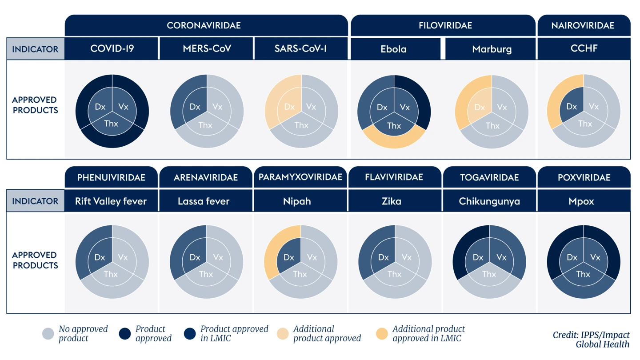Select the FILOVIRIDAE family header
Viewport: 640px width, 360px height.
(x=445, y=25)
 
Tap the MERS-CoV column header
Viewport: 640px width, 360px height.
(x=207, y=48)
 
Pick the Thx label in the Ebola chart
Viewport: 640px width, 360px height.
(x=394, y=126)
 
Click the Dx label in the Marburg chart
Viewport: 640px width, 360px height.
(x=480, y=107)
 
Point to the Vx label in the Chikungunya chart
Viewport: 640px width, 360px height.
(x=501, y=257)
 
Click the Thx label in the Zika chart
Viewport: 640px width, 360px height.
(x=394, y=274)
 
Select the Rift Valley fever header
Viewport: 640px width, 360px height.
(x=111, y=201)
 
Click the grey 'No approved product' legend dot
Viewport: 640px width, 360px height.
(x=48, y=334)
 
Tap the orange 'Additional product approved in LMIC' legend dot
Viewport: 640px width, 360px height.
(x=382, y=334)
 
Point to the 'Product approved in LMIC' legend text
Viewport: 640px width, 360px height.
(x=234, y=334)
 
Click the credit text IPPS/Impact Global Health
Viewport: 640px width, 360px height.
(x=591, y=340)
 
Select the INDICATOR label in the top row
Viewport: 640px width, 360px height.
(x=35, y=49)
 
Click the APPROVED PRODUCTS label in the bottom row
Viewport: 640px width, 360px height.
(x=35, y=260)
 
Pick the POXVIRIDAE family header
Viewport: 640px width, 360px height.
(x=584, y=177)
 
